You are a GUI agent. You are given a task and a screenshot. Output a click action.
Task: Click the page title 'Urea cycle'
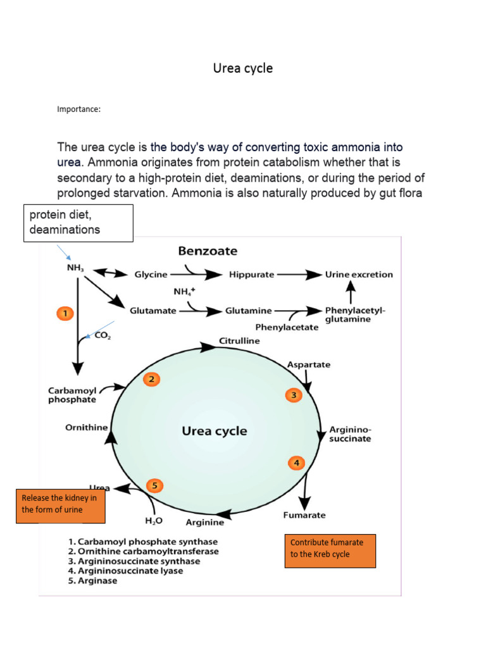pyautogui.click(x=242, y=68)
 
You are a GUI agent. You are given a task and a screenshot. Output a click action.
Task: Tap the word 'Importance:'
pyautogui.click(x=79, y=109)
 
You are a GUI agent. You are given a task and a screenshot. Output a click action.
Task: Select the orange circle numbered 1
pyautogui.click(x=65, y=313)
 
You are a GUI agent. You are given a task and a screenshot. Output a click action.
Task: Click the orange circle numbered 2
pyautogui.click(x=151, y=380)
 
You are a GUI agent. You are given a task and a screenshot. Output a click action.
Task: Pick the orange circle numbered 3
pyautogui.click(x=294, y=396)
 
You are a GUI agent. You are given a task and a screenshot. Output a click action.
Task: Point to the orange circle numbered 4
pyautogui.click(x=296, y=463)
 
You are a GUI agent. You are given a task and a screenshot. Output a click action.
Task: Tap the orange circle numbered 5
pyautogui.click(x=154, y=486)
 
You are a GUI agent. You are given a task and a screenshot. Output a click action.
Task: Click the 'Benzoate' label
pyautogui.click(x=208, y=251)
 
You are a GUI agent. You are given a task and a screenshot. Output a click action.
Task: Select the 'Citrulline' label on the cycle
pyautogui.click(x=239, y=340)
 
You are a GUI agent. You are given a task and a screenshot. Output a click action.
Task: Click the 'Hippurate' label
pyautogui.click(x=251, y=275)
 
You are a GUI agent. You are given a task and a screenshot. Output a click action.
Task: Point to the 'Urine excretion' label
pyautogui.click(x=359, y=275)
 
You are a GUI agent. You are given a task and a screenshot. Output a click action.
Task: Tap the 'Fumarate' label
pyautogui.click(x=304, y=515)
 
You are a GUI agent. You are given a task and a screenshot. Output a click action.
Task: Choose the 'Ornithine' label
pyautogui.click(x=87, y=427)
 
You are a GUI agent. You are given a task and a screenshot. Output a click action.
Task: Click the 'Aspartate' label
pyautogui.click(x=309, y=364)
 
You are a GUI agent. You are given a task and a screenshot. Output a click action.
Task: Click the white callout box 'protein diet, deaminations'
pyautogui.click(x=78, y=223)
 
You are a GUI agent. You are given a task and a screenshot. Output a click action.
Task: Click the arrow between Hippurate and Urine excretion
pyautogui.click(x=301, y=275)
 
